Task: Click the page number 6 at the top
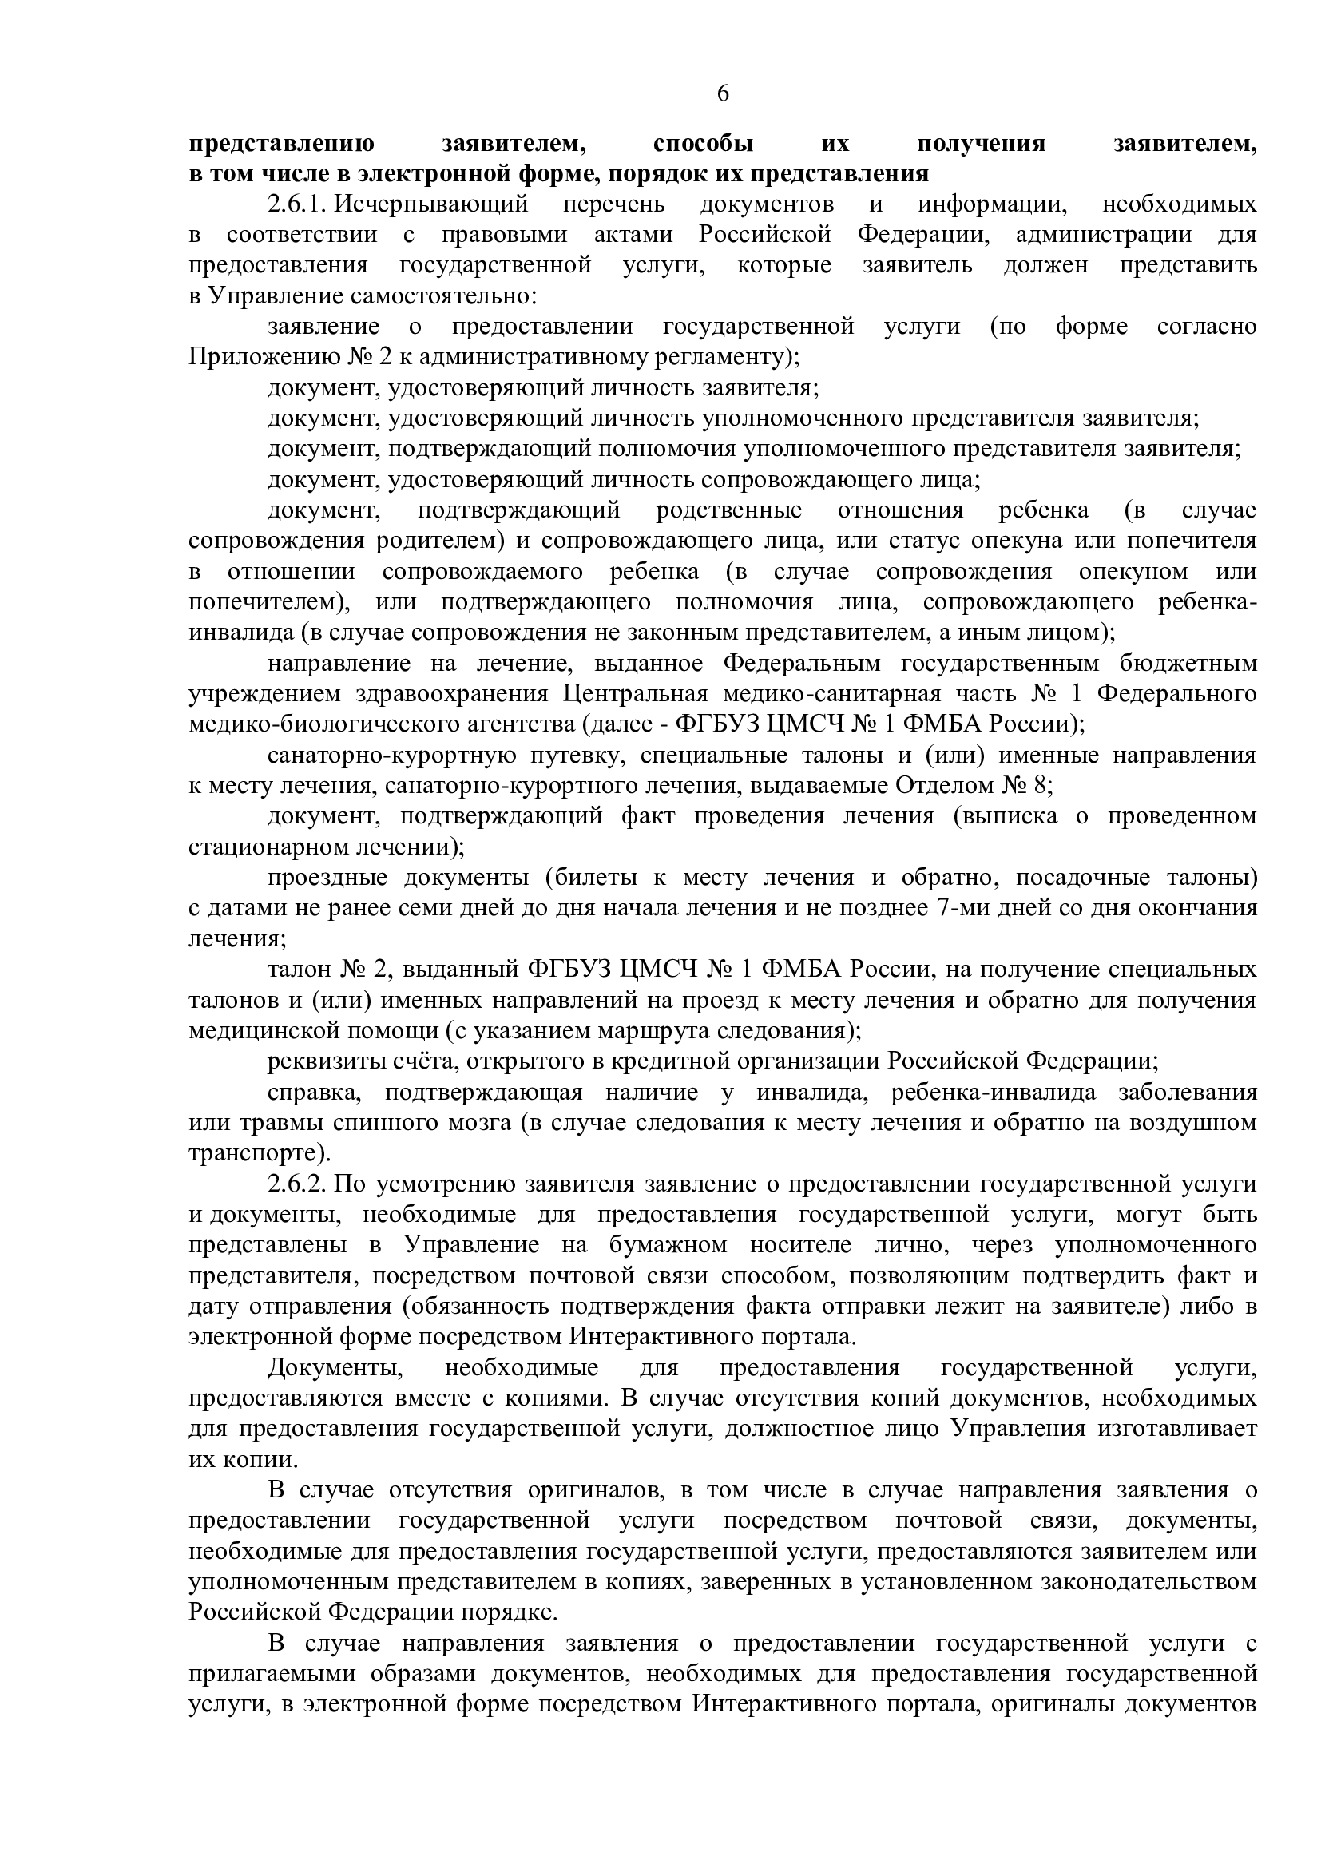pos(722,94)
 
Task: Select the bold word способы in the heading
pos(703,144)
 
